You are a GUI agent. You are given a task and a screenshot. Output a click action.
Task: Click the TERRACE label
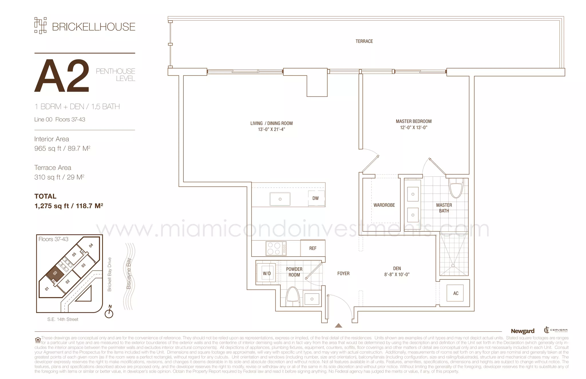(364, 41)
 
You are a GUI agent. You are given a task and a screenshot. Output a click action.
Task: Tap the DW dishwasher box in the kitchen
(316, 198)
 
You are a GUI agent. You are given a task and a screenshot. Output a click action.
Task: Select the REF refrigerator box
(312, 248)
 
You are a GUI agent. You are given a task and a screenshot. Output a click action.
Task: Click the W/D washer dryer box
(266, 273)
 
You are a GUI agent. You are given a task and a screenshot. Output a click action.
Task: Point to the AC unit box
(456, 293)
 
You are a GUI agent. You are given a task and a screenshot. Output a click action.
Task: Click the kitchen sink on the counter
(280, 199)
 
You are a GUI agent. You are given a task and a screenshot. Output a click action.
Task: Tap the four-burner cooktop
(276, 248)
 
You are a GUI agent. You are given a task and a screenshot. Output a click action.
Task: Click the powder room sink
(312, 299)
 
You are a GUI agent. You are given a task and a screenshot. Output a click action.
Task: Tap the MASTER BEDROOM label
(413, 121)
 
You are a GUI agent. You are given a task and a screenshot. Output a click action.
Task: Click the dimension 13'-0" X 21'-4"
(271, 129)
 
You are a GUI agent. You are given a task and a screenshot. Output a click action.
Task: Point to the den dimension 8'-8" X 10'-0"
(397, 274)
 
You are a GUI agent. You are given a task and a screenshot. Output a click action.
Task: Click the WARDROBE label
(384, 205)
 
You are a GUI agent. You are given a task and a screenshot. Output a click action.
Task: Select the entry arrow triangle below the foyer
(338, 326)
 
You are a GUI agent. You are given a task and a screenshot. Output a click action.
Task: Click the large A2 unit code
(62, 76)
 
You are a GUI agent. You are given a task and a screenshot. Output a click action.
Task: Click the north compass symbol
(109, 313)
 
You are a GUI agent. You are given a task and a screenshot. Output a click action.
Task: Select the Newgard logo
(522, 331)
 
